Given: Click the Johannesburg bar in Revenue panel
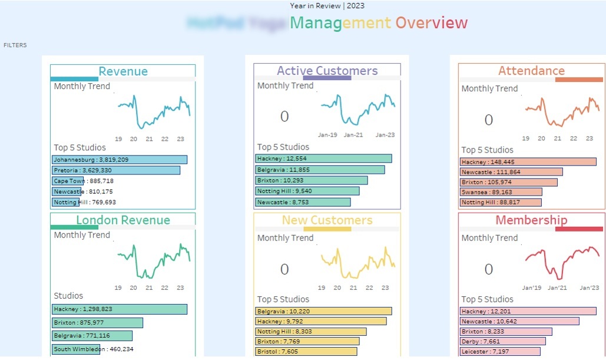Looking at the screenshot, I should click(x=120, y=160).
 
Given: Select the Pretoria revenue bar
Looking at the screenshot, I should click(x=116, y=170).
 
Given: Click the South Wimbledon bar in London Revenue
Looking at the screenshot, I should click(x=77, y=349).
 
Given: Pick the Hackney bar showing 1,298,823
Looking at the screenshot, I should click(x=120, y=309).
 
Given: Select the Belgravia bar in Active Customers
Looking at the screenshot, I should click(x=320, y=170).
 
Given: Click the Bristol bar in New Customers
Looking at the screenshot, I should click(x=306, y=352).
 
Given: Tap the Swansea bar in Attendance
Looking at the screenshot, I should click(x=501, y=192).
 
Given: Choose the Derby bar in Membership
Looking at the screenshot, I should click(x=502, y=341).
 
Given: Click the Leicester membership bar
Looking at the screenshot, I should click(x=500, y=352).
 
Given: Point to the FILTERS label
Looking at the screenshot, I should click(x=15, y=45).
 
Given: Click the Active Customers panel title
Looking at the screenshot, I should click(x=327, y=71).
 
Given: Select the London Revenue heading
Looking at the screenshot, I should click(x=122, y=220).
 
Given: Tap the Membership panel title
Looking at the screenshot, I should click(x=531, y=220).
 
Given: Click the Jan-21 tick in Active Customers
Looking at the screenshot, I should click(x=353, y=135).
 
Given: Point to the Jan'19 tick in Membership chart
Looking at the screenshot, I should click(x=532, y=288).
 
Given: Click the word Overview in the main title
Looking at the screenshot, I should click(x=431, y=23).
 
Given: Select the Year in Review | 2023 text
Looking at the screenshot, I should click(x=327, y=6).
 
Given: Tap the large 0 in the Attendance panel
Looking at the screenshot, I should click(x=488, y=120).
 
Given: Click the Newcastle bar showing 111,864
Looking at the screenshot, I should click(x=511, y=172).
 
